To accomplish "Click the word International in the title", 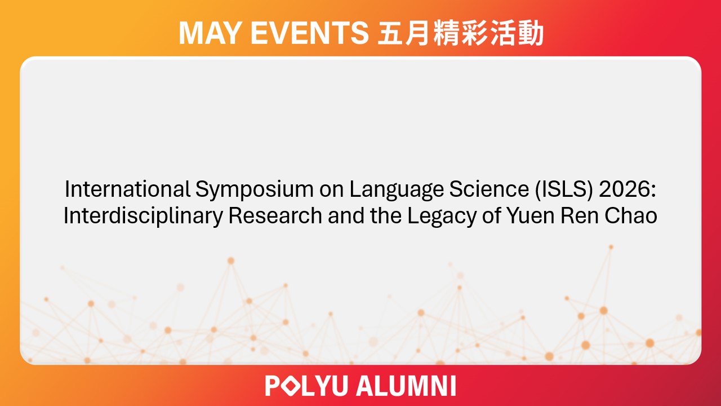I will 128,190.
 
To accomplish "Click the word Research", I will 271,216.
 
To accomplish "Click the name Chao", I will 632,216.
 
